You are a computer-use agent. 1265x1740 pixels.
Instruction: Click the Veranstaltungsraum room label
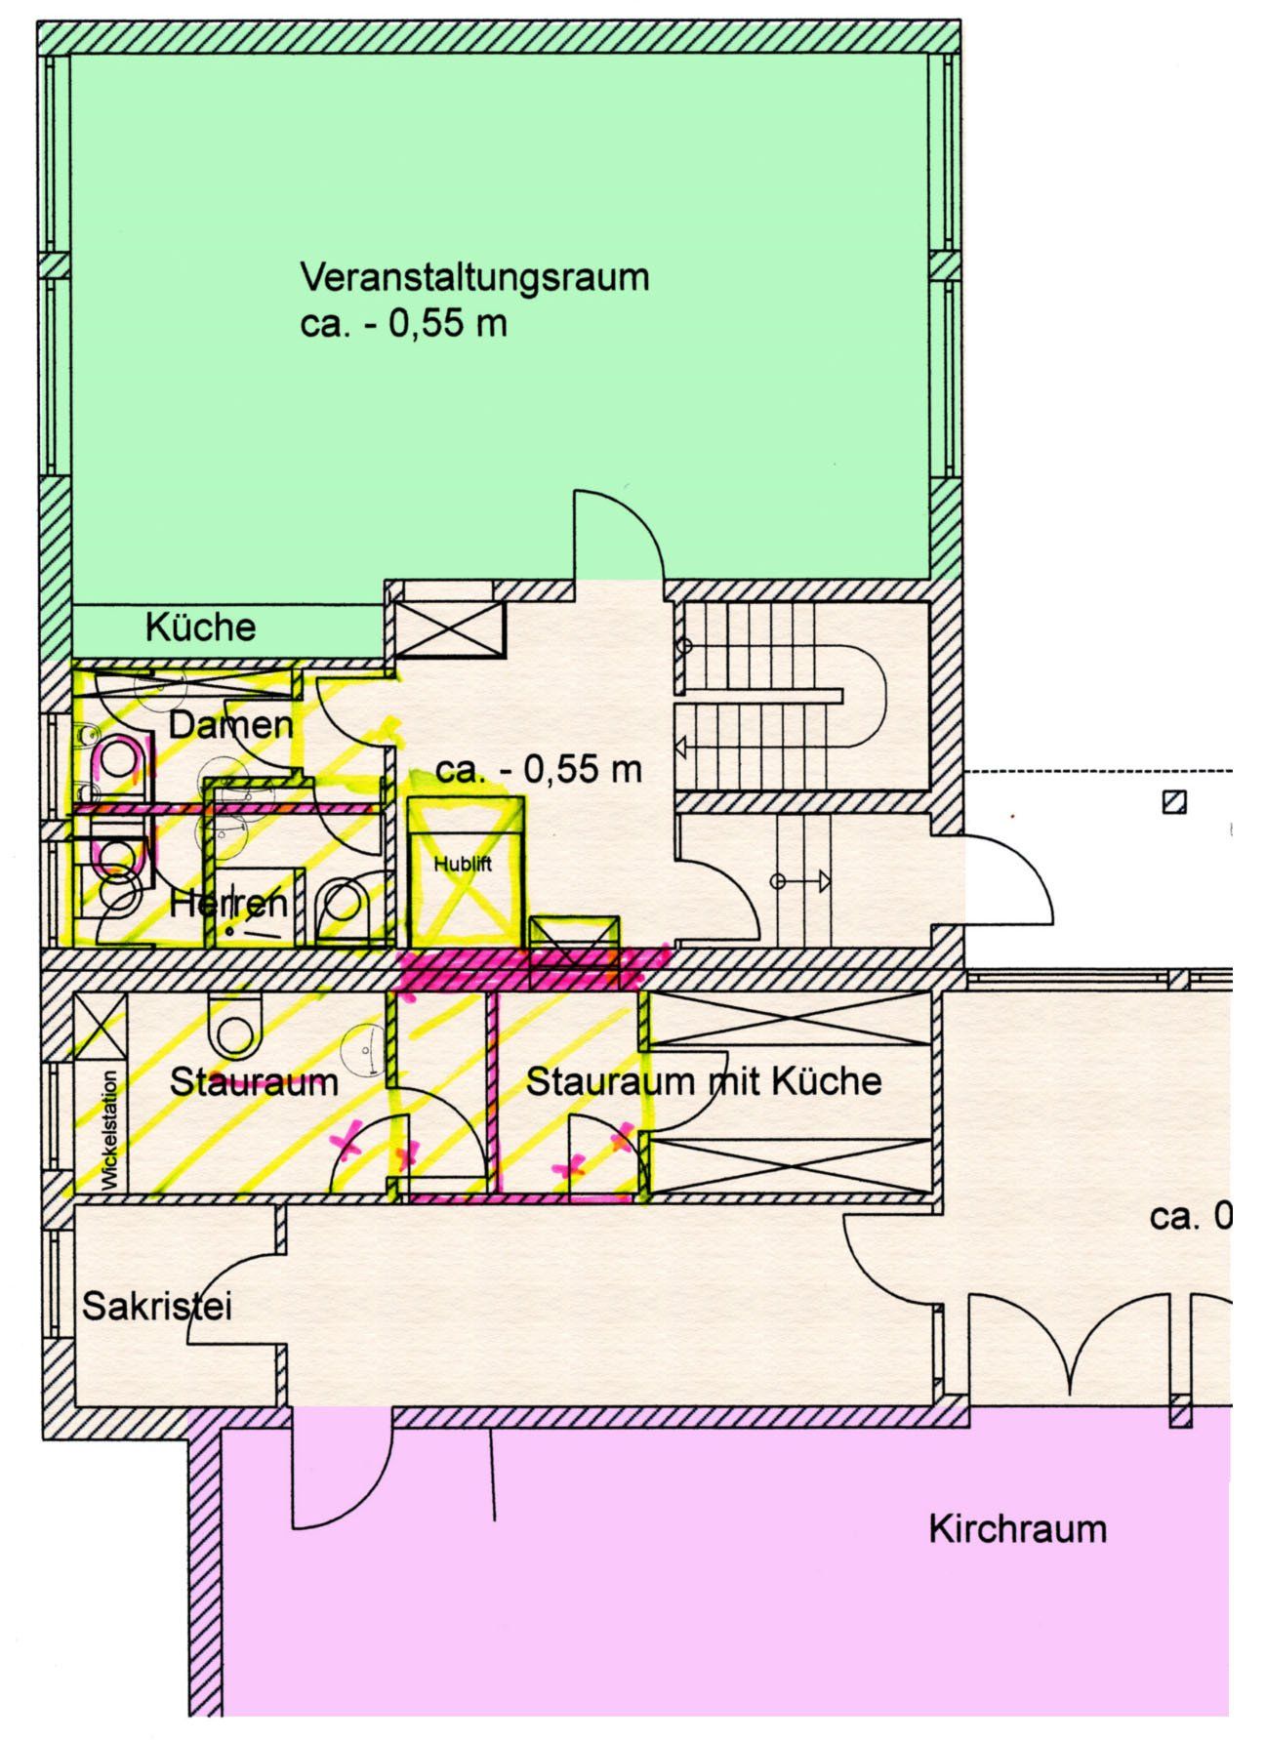474,277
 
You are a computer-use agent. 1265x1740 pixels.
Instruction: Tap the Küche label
200,627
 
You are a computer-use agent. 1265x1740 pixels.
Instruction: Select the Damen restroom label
230,725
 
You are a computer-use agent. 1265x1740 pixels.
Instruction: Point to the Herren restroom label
228,903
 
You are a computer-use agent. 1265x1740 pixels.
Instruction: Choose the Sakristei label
157,1307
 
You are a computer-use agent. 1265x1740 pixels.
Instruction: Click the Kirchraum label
1017,1528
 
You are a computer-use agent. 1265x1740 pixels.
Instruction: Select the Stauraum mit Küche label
703,1081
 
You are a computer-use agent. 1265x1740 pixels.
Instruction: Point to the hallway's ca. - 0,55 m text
538,770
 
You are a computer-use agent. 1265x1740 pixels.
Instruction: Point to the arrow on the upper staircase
681,749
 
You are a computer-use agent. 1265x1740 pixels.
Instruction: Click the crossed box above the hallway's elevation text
448,629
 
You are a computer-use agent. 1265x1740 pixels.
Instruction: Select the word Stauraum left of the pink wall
254,1081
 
